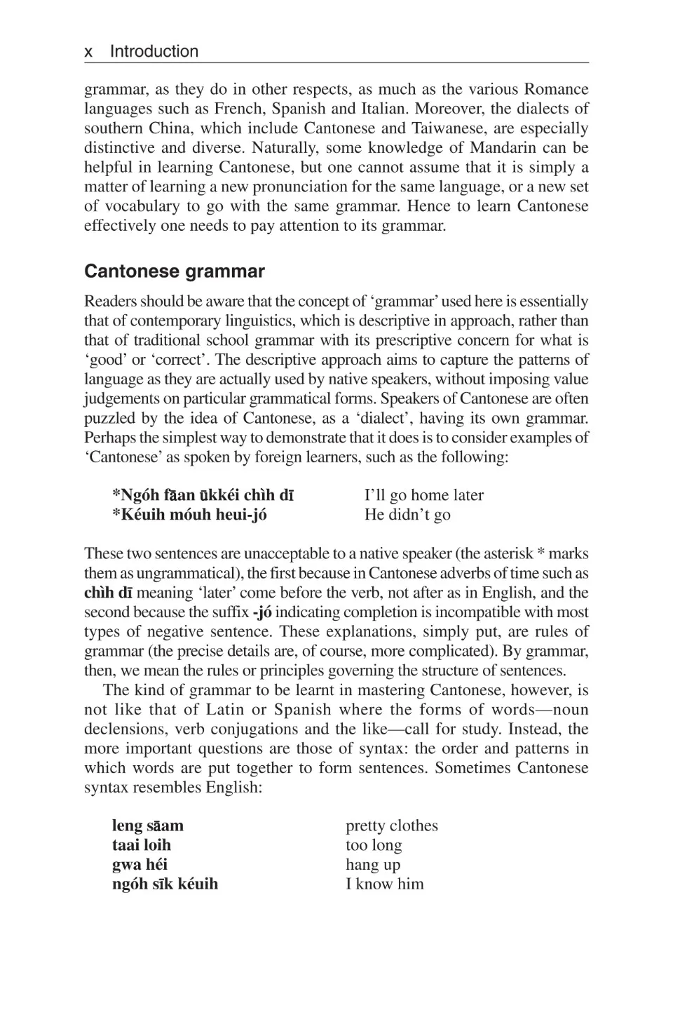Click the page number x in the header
pos(88,52)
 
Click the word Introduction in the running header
pos(154,52)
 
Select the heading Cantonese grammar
pos(175,271)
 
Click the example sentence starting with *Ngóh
pos(203,495)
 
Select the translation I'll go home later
pos(423,495)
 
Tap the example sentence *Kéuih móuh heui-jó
pos(189,515)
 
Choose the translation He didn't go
pos(407,515)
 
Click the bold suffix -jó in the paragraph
pos(261,612)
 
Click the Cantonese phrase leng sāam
pos(147,826)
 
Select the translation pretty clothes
pos(391,826)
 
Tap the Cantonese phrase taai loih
pos(142,845)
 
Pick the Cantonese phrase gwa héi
pos(140,865)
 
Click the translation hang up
pos(373,865)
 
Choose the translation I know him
pos(384,884)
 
